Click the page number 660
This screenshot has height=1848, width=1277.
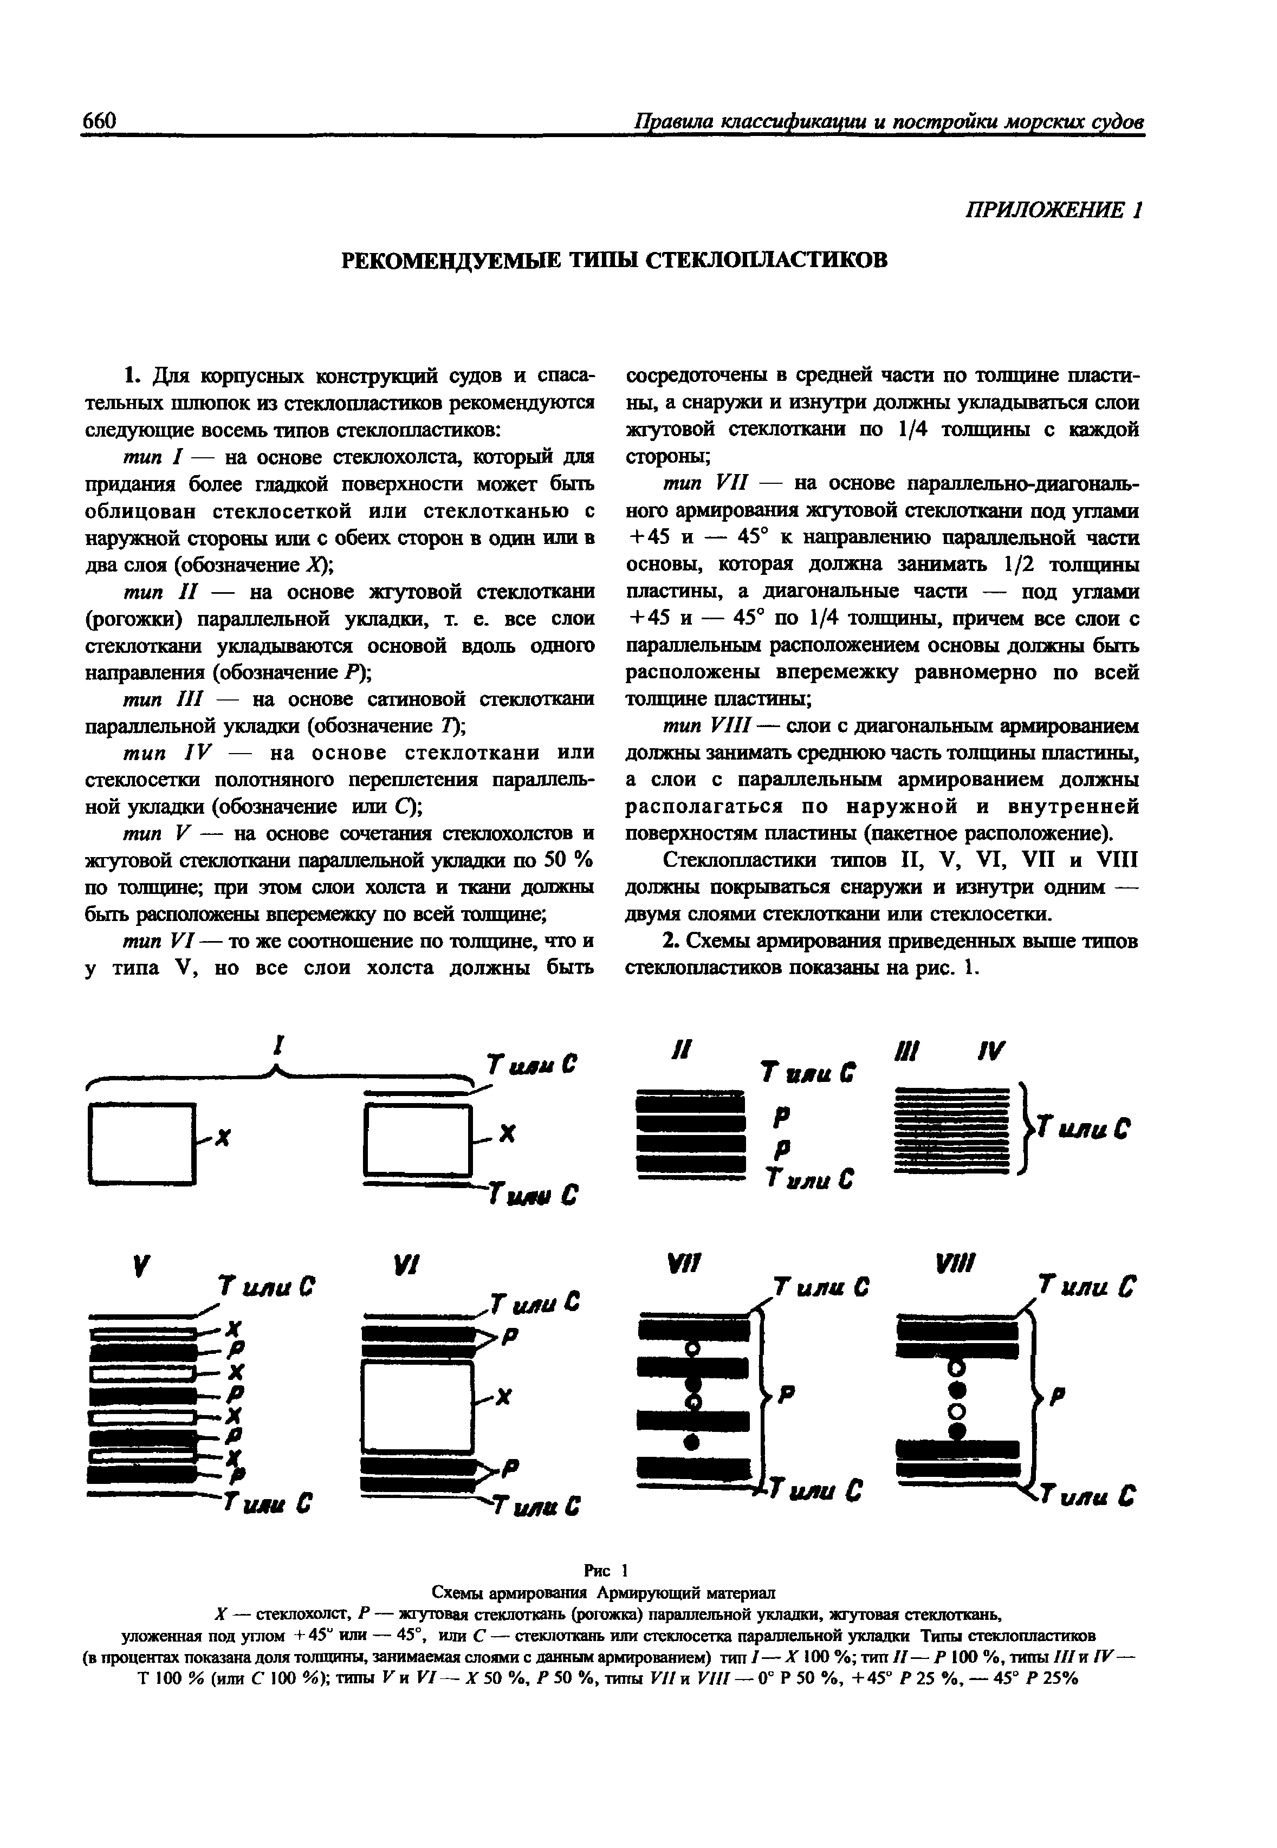coord(100,121)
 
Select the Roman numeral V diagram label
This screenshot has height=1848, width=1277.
coord(140,1266)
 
